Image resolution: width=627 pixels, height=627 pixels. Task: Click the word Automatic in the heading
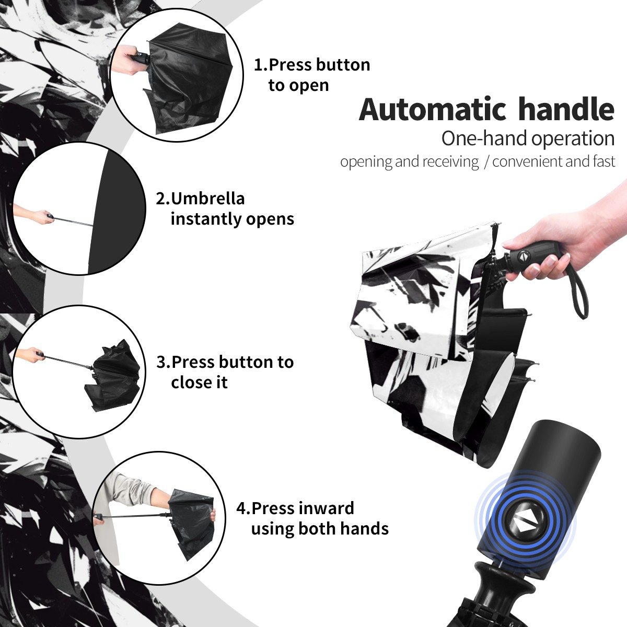point(433,110)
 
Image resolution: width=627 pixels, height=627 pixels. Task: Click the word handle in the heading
point(566,109)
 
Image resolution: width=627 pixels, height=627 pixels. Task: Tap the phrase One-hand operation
point(528,139)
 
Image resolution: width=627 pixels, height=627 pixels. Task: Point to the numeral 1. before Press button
point(261,65)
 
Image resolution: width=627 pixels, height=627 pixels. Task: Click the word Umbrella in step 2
point(207,199)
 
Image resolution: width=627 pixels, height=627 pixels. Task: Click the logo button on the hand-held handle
point(524,257)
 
